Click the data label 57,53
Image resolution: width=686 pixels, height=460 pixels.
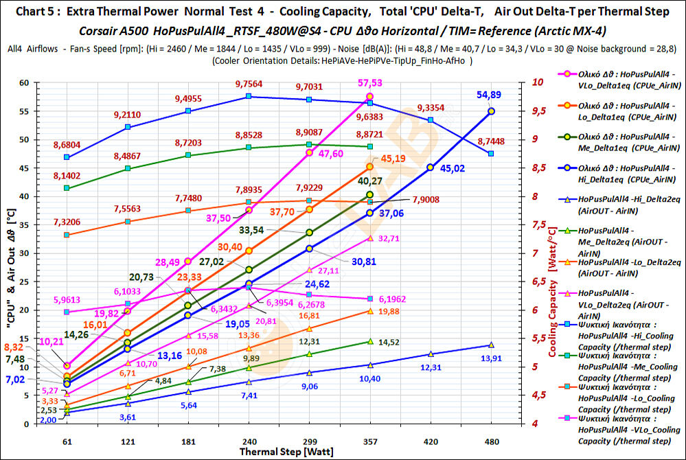coord(390,82)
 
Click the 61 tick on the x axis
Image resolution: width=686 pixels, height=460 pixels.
coord(67,440)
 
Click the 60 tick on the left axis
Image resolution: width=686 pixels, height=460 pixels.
coord(44,82)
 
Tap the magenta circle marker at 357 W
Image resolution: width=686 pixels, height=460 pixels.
coord(370,97)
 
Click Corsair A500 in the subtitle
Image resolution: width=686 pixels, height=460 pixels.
coord(115,32)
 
